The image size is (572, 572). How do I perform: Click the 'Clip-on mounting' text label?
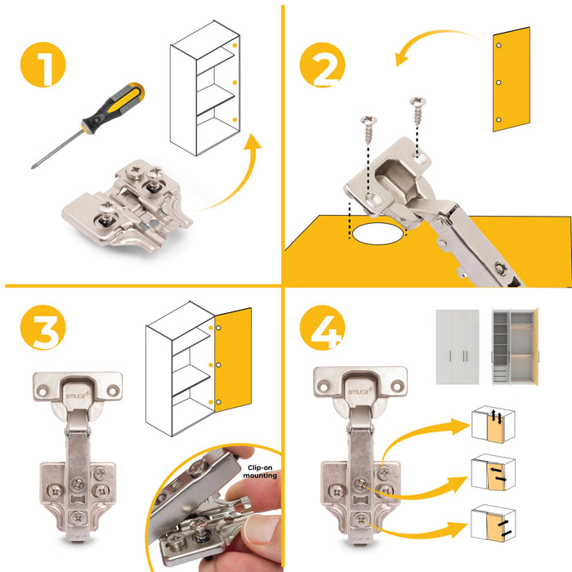click(x=260, y=471)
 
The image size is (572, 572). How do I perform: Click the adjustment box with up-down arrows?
click(x=494, y=425)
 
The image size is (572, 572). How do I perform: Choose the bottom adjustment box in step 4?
click(x=494, y=523)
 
